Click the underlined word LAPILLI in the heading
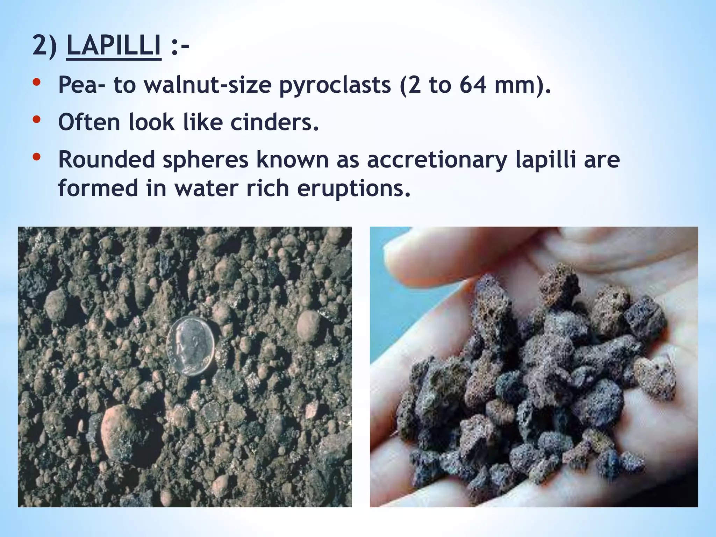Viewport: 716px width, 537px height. click(114, 45)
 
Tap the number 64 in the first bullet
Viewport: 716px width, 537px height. click(472, 85)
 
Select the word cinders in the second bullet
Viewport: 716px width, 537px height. click(275, 122)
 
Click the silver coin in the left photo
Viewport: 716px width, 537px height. click(191, 346)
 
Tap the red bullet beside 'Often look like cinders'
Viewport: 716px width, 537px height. click(36, 120)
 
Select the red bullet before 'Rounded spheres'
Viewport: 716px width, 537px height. click(36, 157)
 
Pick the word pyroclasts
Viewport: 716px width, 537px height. click(335, 85)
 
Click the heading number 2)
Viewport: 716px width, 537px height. click(44, 45)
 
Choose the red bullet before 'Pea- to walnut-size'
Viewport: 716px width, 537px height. click(36, 83)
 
